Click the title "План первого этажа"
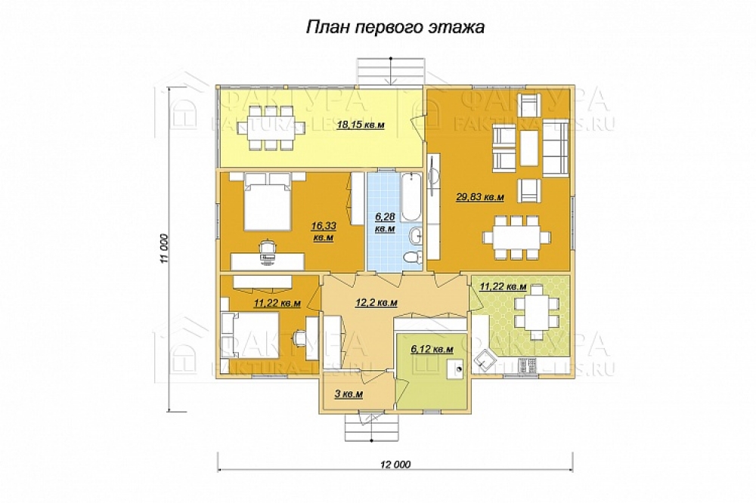coord(395,27)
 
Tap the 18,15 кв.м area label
coord(361,125)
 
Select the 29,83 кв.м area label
coord(480,196)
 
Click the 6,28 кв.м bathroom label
coord(386,223)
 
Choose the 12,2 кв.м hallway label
coord(376,303)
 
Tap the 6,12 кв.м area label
coord(432,349)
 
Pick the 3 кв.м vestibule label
coord(349,394)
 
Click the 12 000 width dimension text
coord(395,464)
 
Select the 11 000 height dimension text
coord(164,248)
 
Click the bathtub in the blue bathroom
coord(411,197)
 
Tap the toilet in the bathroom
coord(412,256)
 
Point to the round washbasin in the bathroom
coord(415,236)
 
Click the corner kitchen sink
coord(484,359)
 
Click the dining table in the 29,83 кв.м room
coord(516,238)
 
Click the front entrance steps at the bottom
coord(372,427)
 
